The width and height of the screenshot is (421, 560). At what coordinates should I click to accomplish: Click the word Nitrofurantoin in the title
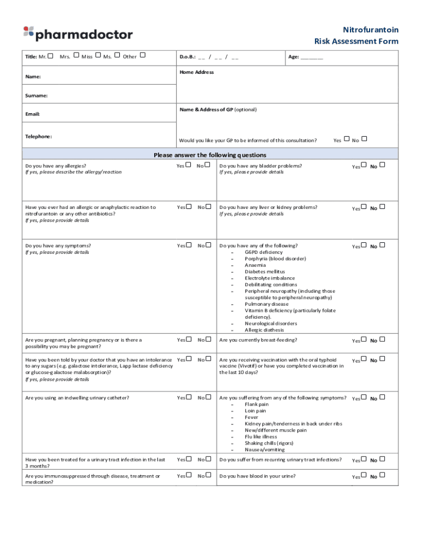(370, 30)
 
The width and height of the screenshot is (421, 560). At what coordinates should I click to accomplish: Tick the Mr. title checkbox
(51, 55)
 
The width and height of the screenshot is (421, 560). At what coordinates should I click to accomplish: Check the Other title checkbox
(143, 55)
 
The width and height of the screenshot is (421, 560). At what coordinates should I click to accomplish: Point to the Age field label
(293, 57)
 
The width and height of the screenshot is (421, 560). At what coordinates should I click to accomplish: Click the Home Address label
(196, 72)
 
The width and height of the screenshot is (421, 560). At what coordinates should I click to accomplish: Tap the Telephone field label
(38, 136)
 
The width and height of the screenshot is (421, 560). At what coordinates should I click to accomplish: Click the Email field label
(33, 114)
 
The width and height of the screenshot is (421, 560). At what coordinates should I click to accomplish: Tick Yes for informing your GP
(347, 139)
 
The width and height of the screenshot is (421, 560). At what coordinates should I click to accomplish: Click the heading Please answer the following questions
(210, 155)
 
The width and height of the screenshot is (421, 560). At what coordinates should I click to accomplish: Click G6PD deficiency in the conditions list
(264, 252)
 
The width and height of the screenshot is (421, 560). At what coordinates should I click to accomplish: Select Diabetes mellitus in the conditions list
(265, 272)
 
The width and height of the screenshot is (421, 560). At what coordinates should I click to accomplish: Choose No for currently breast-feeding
(382, 339)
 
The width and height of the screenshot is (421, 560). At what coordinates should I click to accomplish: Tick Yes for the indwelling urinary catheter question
(189, 397)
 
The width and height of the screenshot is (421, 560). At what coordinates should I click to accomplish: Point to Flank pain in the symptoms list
(256, 404)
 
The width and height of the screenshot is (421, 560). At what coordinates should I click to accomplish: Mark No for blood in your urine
(382, 475)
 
